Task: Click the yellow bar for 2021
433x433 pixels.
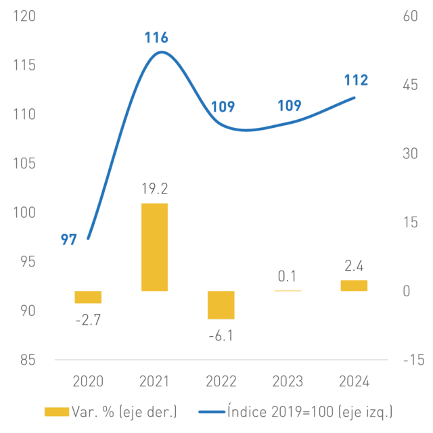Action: tap(154, 247)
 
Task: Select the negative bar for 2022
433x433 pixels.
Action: tap(221, 305)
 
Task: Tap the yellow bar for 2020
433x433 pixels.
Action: tap(88, 297)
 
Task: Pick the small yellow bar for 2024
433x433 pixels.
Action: tap(354, 286)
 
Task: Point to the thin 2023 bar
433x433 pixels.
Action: tap(288, 290)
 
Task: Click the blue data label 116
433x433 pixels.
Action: tap(156, 37)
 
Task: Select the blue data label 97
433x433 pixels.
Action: tap(68, 240)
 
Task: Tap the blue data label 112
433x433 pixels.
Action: tap(357, 80)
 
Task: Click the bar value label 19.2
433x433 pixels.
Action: tap(155, 189)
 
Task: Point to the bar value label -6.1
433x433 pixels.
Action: tap(221, 336)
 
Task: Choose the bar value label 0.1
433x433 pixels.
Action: tap(287, 276)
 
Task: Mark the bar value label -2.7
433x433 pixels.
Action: tap(88, 320)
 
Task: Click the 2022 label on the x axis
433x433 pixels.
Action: tap(221, 382)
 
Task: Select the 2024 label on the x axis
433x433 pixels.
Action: tap(354, 382)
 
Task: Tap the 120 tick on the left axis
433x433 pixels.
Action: tap(24, 16)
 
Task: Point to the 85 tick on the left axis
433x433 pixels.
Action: tap(28, 360)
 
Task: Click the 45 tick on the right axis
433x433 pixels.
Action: tap(411, 85)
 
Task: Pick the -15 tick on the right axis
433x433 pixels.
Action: tap(413, 360)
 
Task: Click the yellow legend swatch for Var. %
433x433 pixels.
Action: tap(57, 412)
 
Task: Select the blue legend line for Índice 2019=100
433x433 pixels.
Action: tap(212, 412)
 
